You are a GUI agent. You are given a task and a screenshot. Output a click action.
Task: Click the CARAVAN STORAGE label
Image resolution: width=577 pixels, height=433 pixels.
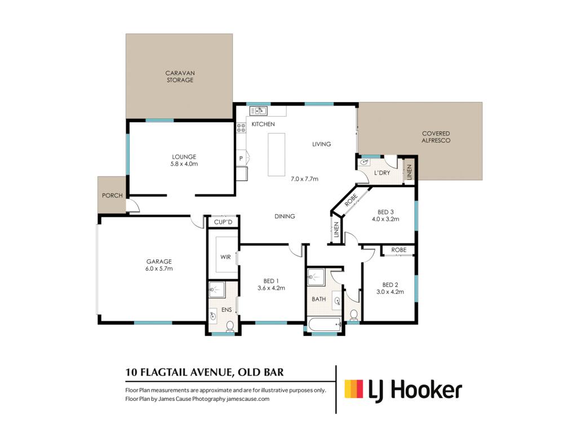pyautogui.click(x=180, y=77)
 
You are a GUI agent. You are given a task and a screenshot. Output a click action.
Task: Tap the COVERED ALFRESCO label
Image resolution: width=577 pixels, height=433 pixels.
pyautogui.click(x=436, y=137)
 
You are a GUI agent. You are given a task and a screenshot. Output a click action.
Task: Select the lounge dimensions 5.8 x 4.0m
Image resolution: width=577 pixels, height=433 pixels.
pyautogui.click(x=184, y=164)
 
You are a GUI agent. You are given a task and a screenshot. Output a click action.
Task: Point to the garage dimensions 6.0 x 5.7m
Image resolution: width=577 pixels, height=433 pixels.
pyautogui.click(x=159, y=268)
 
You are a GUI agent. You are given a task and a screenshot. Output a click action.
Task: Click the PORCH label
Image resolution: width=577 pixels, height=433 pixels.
pyautogui.click(x=112, y=196)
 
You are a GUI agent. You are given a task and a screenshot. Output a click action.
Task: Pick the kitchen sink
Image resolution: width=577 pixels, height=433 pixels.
pyautogui.click(x=258, y=111)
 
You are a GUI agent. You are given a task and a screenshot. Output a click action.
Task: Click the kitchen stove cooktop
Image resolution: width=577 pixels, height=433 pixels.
pyautogui.click(x=241, y=128)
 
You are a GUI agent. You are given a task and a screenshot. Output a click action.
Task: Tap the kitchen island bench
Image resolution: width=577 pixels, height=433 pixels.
pyautogui.click(x=276, y=154)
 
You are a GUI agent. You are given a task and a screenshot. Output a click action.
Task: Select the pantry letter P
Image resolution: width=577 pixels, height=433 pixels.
pyautogui.click(x=241, y=158)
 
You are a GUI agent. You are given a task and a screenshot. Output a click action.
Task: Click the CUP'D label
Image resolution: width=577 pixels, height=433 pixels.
pyautogui.click(x=223, y=222)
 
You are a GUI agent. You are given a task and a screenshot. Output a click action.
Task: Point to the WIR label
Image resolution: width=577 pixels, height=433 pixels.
pyautogui.click(x=225, y=257)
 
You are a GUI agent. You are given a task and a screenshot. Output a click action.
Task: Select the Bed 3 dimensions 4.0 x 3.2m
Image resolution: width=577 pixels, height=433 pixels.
pyautogui.click(x=385, y=219)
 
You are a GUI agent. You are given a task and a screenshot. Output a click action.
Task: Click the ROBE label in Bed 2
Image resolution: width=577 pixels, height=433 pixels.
pyautogui.click(x=399, y=250)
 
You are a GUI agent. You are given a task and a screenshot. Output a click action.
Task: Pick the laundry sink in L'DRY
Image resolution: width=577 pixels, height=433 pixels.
pyautogui.click(x=365, y=162)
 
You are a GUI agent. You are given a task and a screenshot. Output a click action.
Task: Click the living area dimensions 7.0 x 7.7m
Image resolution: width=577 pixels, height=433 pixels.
pyautogui.click(x=304, y=179)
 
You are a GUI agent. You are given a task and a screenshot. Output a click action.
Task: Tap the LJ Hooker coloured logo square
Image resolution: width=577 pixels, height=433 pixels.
pyautogui.click(x=354, y=389)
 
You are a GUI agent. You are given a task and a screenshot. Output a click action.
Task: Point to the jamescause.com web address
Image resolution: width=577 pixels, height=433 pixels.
pyautogui.click(x=248, y=399)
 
